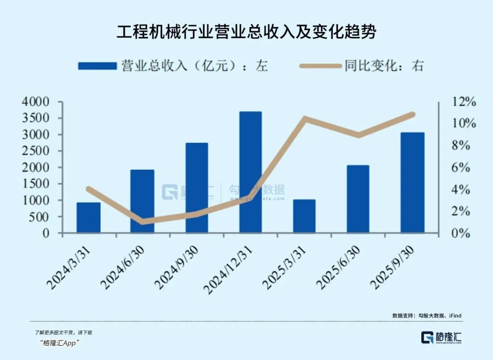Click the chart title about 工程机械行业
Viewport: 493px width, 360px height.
tap(246, 32)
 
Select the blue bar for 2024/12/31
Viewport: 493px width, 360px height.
tap(250, 172)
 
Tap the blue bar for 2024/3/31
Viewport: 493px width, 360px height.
tap(88, 218)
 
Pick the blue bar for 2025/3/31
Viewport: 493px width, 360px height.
tap(304, 216)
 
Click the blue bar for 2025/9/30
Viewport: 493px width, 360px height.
tap(412, 183)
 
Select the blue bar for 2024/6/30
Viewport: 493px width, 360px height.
tap(142, 201)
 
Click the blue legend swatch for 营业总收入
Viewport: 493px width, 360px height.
tap(97, 66)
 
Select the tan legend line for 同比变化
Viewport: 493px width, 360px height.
tap(320, 66)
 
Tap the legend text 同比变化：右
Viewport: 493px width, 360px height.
tap(384, 66)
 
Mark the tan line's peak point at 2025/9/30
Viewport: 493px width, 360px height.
tap(412, 114)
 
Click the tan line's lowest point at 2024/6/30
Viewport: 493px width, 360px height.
tap(142, 221)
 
